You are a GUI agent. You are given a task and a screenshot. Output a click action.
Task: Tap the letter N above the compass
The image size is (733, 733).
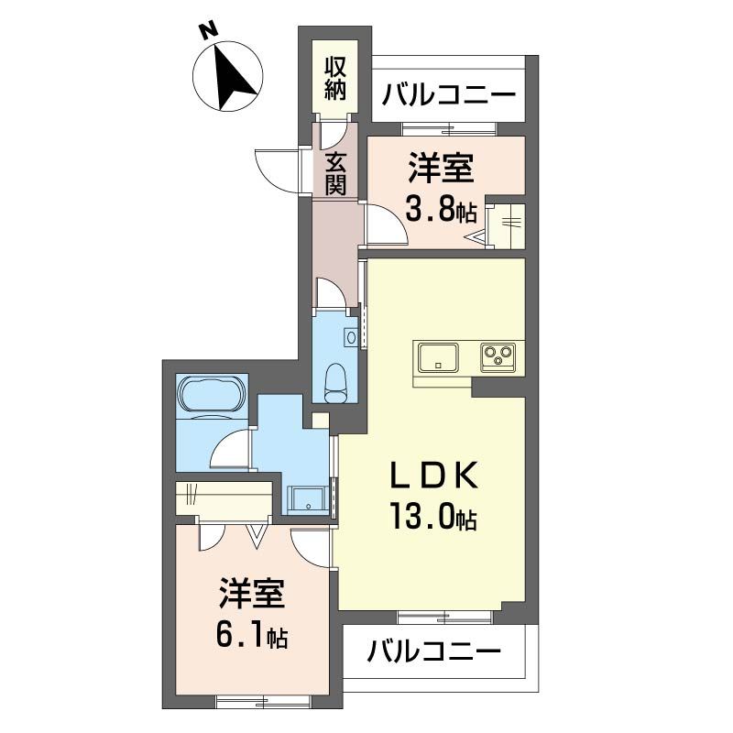click(210, 30)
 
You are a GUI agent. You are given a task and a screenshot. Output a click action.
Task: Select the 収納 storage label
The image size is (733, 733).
click(334, 78)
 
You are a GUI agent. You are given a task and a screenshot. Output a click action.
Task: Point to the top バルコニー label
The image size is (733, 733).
click(449, 95)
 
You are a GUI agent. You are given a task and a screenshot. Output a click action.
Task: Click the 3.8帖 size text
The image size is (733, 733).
click(440, 211)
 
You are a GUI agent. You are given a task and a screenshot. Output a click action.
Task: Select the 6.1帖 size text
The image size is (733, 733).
click(252, 634)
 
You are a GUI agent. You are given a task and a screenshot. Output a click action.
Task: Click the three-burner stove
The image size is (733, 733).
click(499, 356)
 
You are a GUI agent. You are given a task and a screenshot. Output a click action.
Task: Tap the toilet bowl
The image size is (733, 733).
click(336, 379)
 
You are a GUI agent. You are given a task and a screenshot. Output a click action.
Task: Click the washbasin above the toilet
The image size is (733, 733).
click(350, 337)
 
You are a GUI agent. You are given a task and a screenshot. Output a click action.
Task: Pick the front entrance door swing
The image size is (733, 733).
click(278, 168)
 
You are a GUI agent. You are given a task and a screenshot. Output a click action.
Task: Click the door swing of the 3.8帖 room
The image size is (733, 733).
click(385, 224)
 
